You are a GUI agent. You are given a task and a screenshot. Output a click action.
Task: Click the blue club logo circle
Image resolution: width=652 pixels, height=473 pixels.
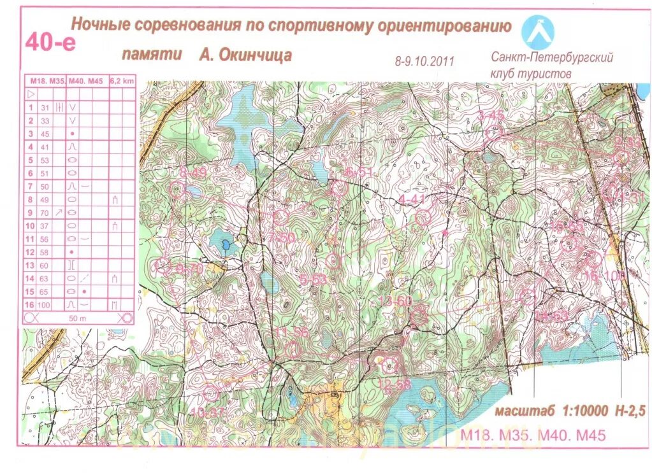pos(538,30)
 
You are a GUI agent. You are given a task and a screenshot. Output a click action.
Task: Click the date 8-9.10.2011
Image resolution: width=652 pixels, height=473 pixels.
pos(424,61)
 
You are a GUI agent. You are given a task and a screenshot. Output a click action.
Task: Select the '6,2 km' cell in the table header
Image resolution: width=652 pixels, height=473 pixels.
pos(122,81)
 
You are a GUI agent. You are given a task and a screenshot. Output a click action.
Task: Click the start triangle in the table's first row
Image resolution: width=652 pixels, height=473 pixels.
pos(30,94)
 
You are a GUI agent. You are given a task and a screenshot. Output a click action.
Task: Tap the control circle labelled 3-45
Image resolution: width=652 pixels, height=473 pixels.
pos(493,132)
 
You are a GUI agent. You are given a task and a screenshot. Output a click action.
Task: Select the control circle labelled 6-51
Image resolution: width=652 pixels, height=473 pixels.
pos(338,188)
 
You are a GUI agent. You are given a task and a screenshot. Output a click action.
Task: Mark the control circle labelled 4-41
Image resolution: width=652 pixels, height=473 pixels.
pos(423,218)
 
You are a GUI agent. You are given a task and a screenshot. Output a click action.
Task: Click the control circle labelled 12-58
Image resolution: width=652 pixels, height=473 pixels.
pos(389,365)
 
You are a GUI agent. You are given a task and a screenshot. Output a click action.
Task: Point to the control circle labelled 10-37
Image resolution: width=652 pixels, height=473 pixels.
pos(211,393)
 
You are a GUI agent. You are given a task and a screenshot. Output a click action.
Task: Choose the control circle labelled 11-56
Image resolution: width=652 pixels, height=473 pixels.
pos(293,348)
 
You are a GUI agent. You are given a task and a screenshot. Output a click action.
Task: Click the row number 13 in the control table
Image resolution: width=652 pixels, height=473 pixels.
pos(29,265)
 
